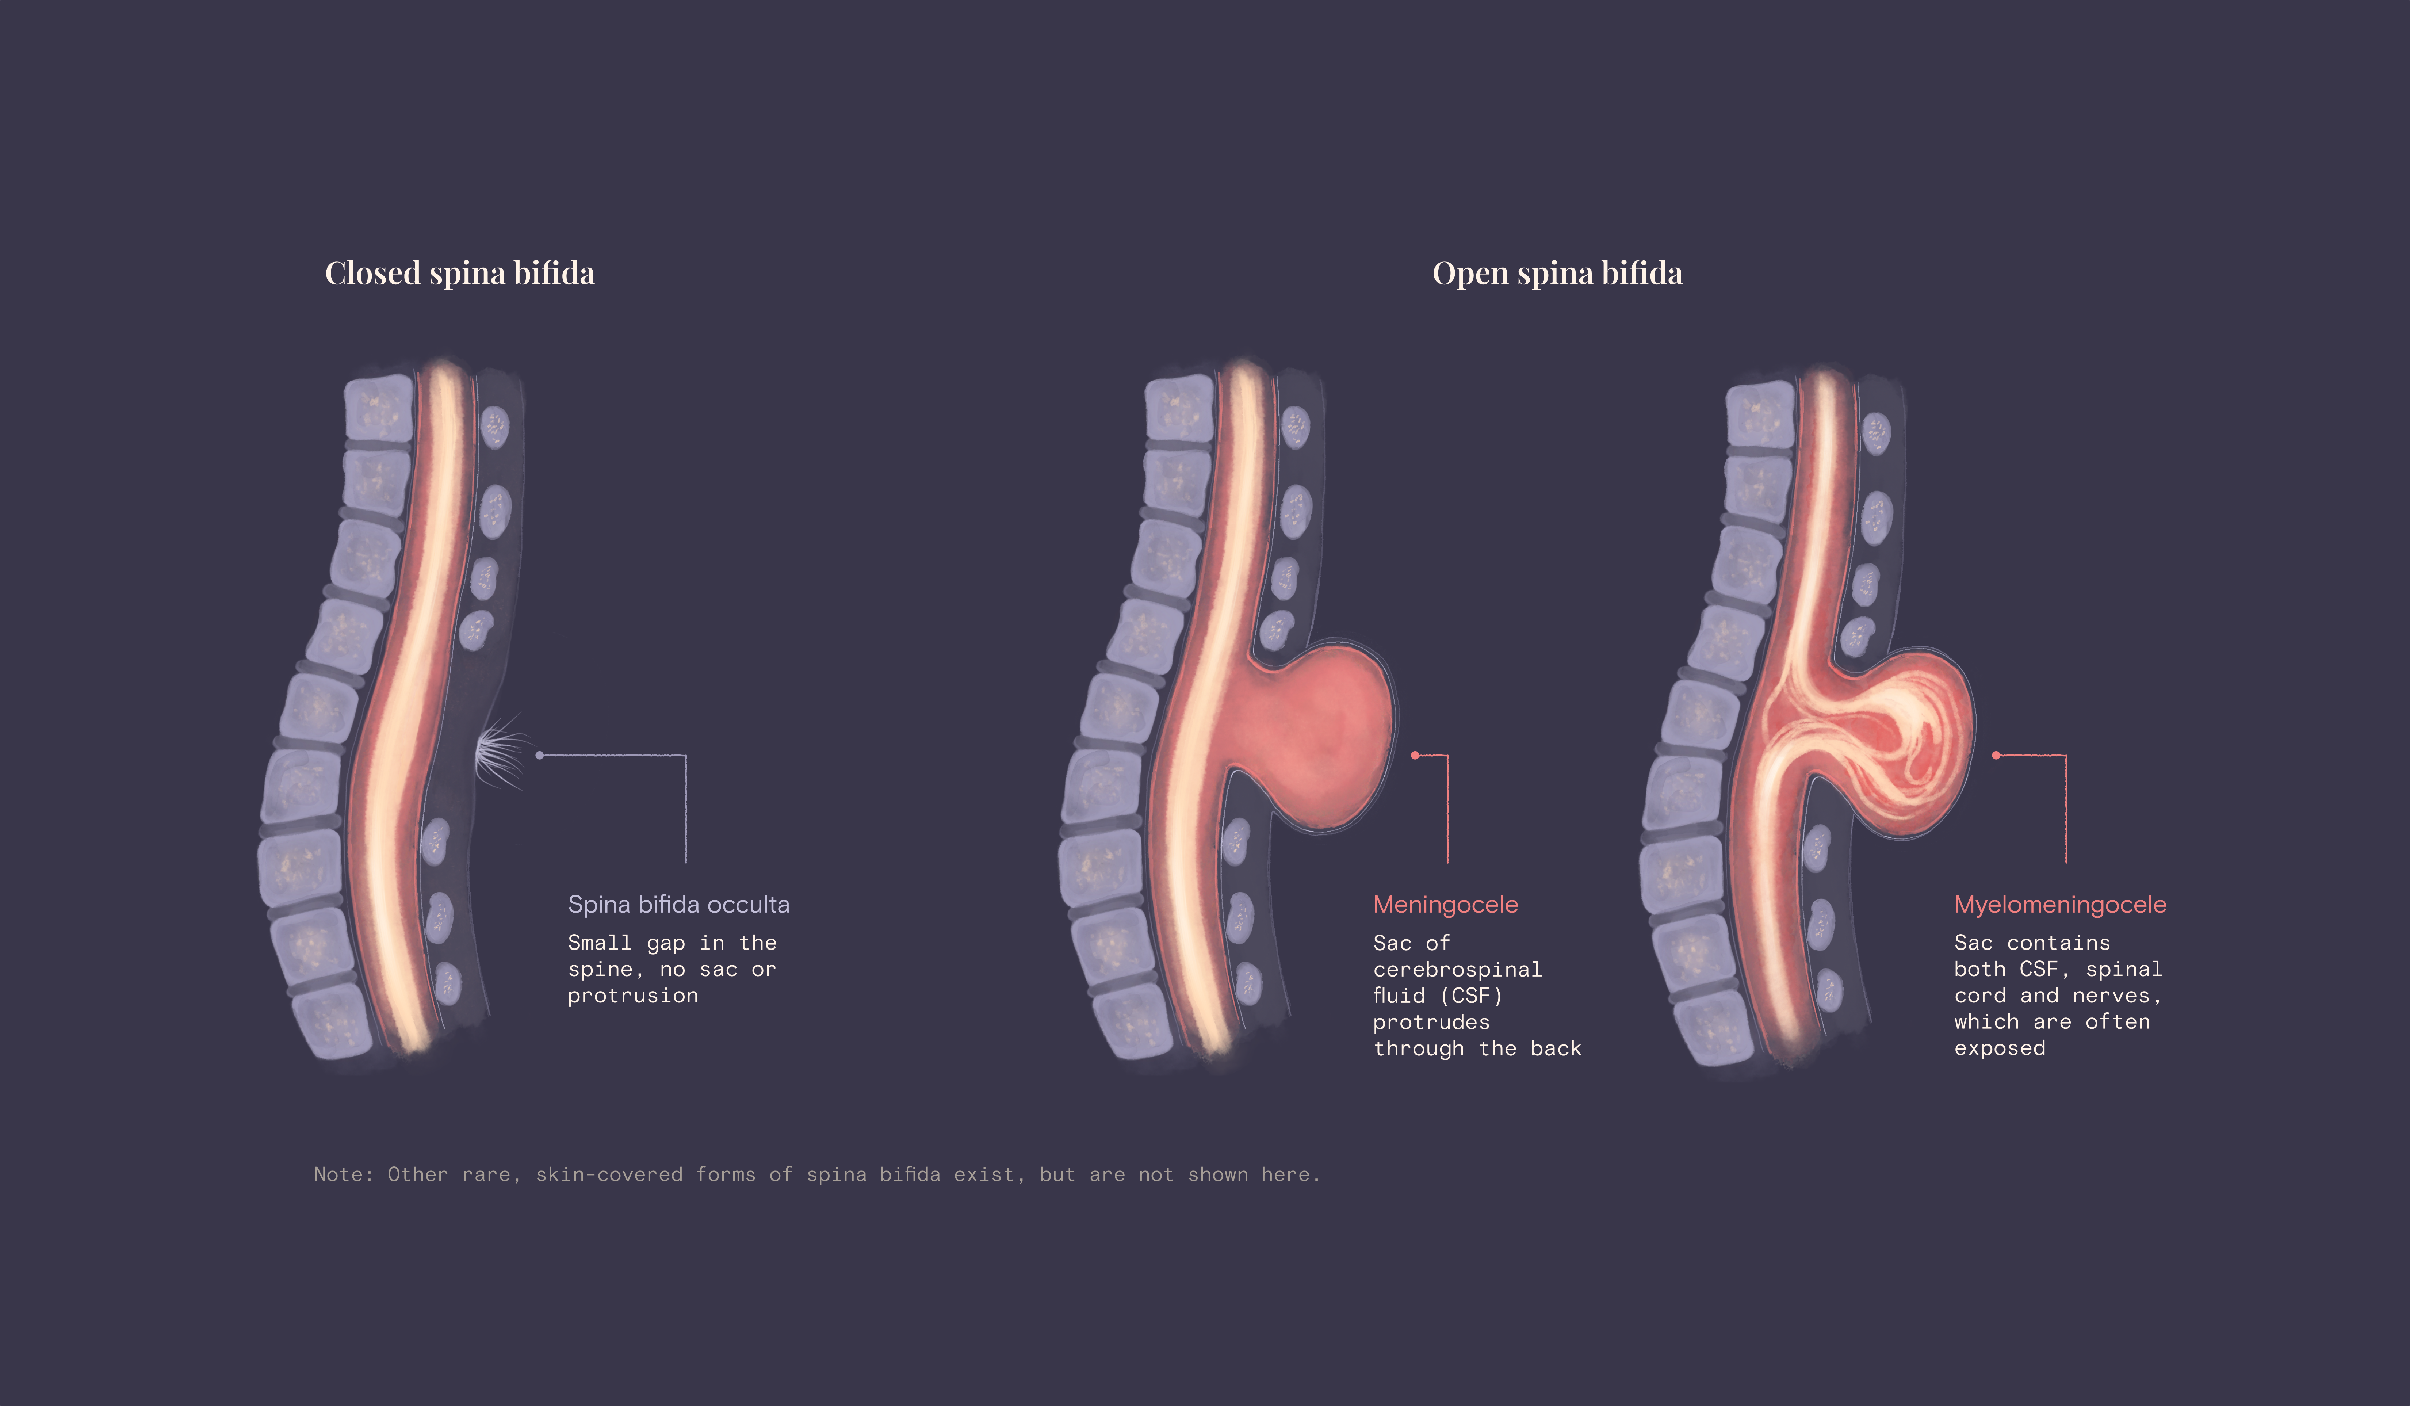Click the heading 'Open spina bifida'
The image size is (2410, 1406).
[x=1557, y=274]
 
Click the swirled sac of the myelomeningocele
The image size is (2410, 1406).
[x=1894, y=741]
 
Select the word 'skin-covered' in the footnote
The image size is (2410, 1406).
[x=609, y=1174]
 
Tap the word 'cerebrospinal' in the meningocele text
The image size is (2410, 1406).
[x=1457, y=970]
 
